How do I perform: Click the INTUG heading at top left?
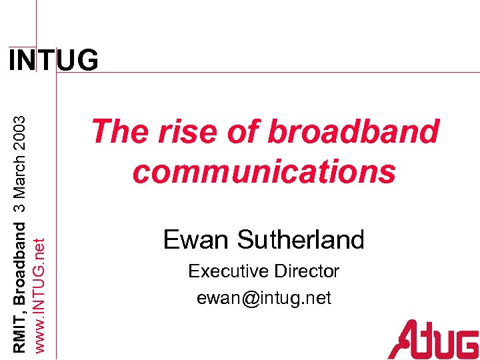[x=53, y=61]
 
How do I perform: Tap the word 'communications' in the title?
[x=264, y=171]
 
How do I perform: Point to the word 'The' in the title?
[x=117, y=131]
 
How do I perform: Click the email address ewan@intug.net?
[x=264, y=298]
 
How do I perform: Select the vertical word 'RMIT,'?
[x=20, y=333]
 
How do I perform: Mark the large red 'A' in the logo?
[x=404, y=339]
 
